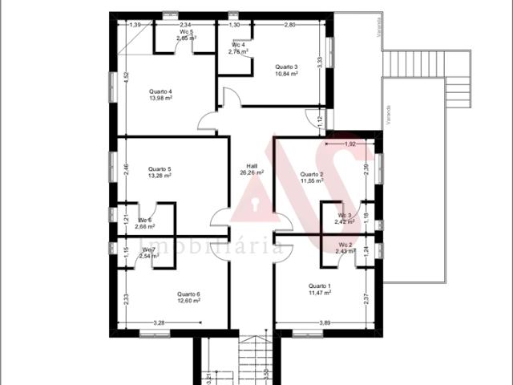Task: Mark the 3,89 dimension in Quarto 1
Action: tap(325, 322)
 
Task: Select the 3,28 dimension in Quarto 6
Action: tap(159, 322)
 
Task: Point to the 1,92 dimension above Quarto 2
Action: tap(349, 144)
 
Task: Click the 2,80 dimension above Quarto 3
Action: tap(289, 25)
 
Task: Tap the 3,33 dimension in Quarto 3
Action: tap(320, 60)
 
